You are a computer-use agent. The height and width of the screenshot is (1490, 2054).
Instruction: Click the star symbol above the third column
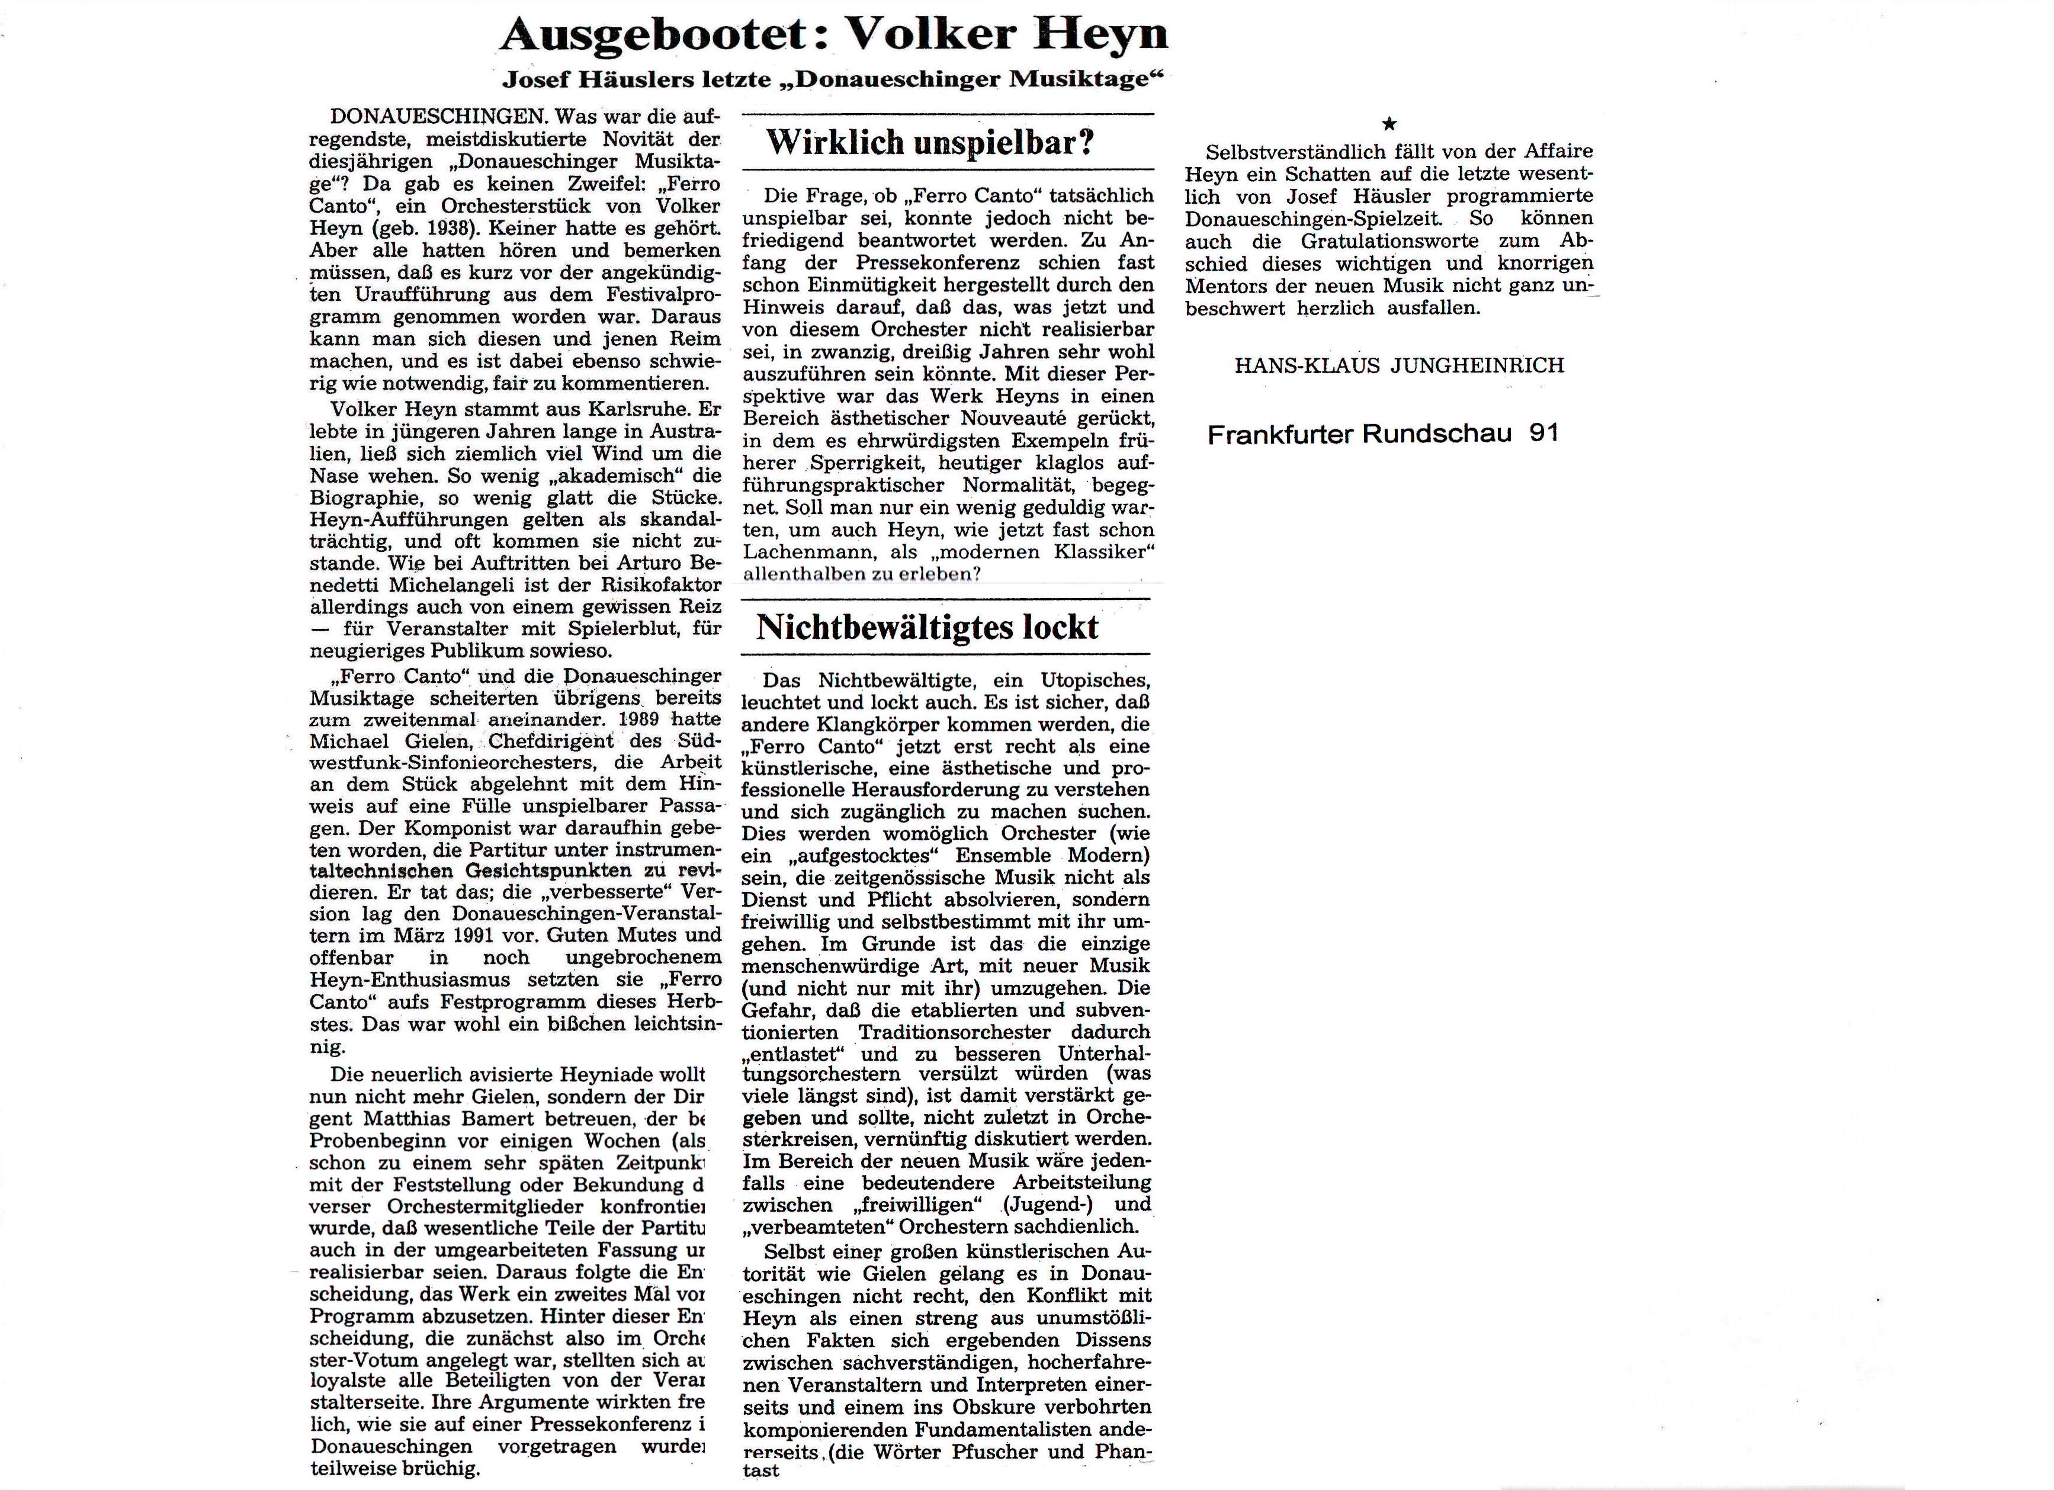click(x=1389, y=124)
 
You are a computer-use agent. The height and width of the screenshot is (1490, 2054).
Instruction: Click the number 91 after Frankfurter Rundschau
click(x=1544, y=434)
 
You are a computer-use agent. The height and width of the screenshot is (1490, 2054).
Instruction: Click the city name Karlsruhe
click(x=638, y=409)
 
